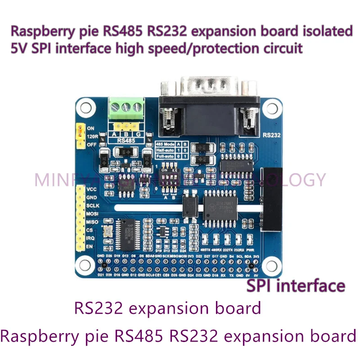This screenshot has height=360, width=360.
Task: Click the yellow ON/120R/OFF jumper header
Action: (80, 136)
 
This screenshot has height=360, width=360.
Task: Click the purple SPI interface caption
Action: (296, 285)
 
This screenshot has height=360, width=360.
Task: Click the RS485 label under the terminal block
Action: (126, 140)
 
